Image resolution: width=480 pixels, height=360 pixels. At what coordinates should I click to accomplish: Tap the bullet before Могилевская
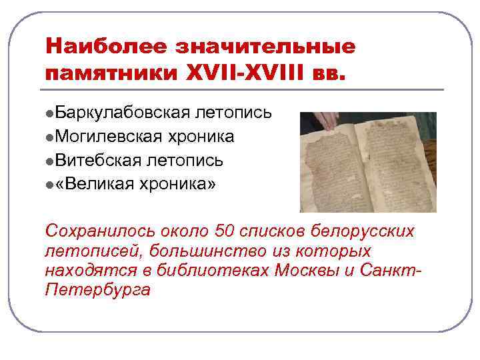50,137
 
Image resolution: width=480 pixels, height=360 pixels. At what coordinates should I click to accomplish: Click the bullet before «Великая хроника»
50,185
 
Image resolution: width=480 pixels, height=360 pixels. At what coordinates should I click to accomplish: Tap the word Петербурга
98,290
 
